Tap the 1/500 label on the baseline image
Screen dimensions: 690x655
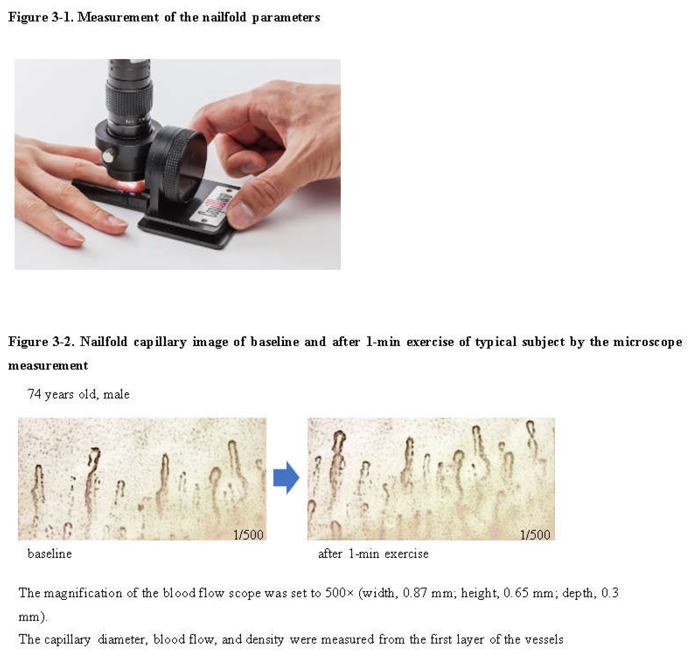coord(248,535)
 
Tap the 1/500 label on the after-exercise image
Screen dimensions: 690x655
coord(535,535)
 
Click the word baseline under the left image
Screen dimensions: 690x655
coord(50,554)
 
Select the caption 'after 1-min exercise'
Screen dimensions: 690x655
coord(373,554)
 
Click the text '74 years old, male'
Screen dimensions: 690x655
coord(79,394)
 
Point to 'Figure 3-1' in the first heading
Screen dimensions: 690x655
coord(40,17)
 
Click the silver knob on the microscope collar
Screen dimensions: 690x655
coord(109,155)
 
